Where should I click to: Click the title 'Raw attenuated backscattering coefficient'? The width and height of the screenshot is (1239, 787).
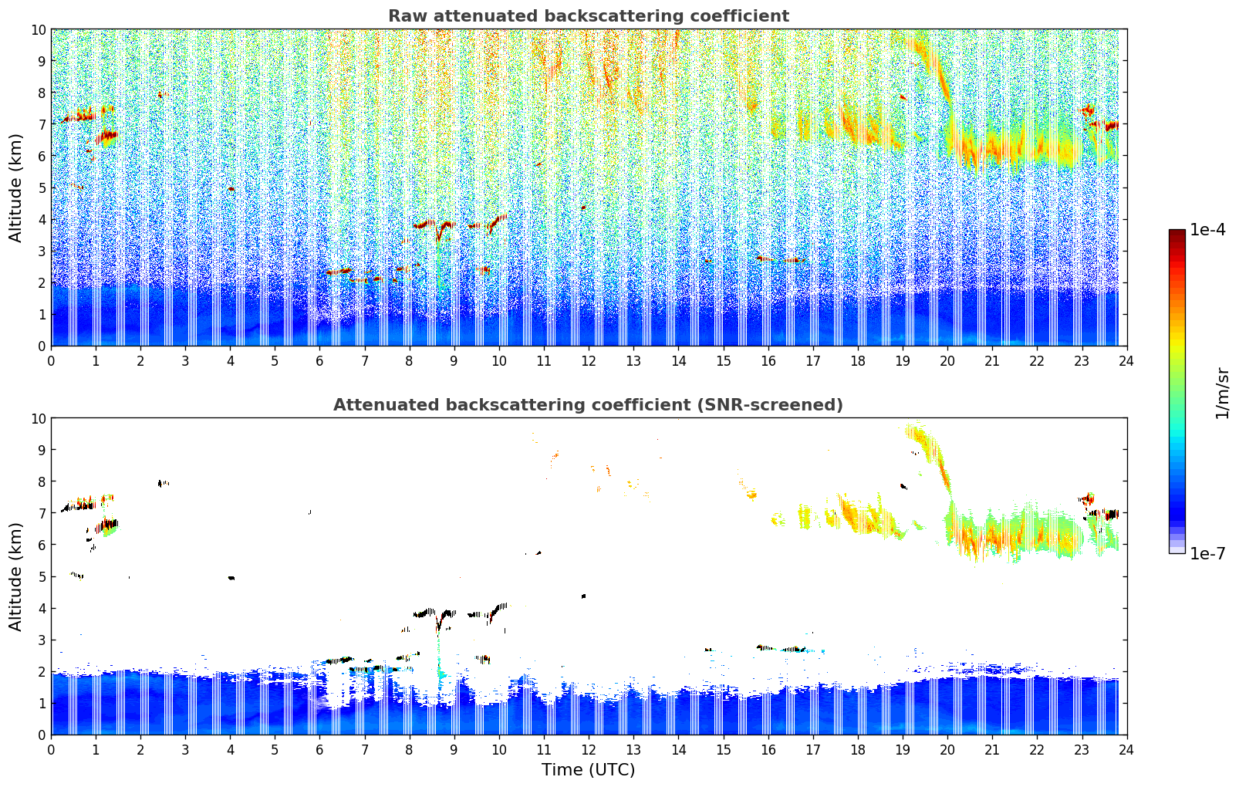[588, 16]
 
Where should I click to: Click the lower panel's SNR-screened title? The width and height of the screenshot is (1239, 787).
[588, 405]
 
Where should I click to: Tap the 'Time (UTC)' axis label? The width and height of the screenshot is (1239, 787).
[588, 769]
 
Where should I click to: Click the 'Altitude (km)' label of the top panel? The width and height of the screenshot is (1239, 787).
[16, 187]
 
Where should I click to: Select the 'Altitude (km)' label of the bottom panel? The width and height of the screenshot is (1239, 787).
[16, 576]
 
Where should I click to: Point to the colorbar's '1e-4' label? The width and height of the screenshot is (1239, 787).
[1207, 230]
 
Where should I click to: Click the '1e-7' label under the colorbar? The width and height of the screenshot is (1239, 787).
[1207, 553]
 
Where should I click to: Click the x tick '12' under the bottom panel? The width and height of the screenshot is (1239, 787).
[589, 749]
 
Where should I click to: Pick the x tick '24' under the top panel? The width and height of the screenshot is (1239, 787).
[1126, 360]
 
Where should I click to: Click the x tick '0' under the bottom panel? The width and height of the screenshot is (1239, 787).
[52, 749]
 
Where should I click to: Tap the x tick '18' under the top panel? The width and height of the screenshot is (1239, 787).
[857, 360]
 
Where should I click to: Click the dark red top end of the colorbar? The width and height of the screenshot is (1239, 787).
[1177, 233]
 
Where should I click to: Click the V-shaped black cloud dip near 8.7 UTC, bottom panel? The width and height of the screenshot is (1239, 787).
[441, 620]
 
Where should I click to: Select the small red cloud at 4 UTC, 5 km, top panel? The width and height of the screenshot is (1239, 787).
[231, 189]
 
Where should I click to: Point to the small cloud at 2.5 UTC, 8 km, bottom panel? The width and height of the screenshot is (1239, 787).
[163, 484]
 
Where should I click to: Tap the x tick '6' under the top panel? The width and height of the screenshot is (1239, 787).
[320, 360]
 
